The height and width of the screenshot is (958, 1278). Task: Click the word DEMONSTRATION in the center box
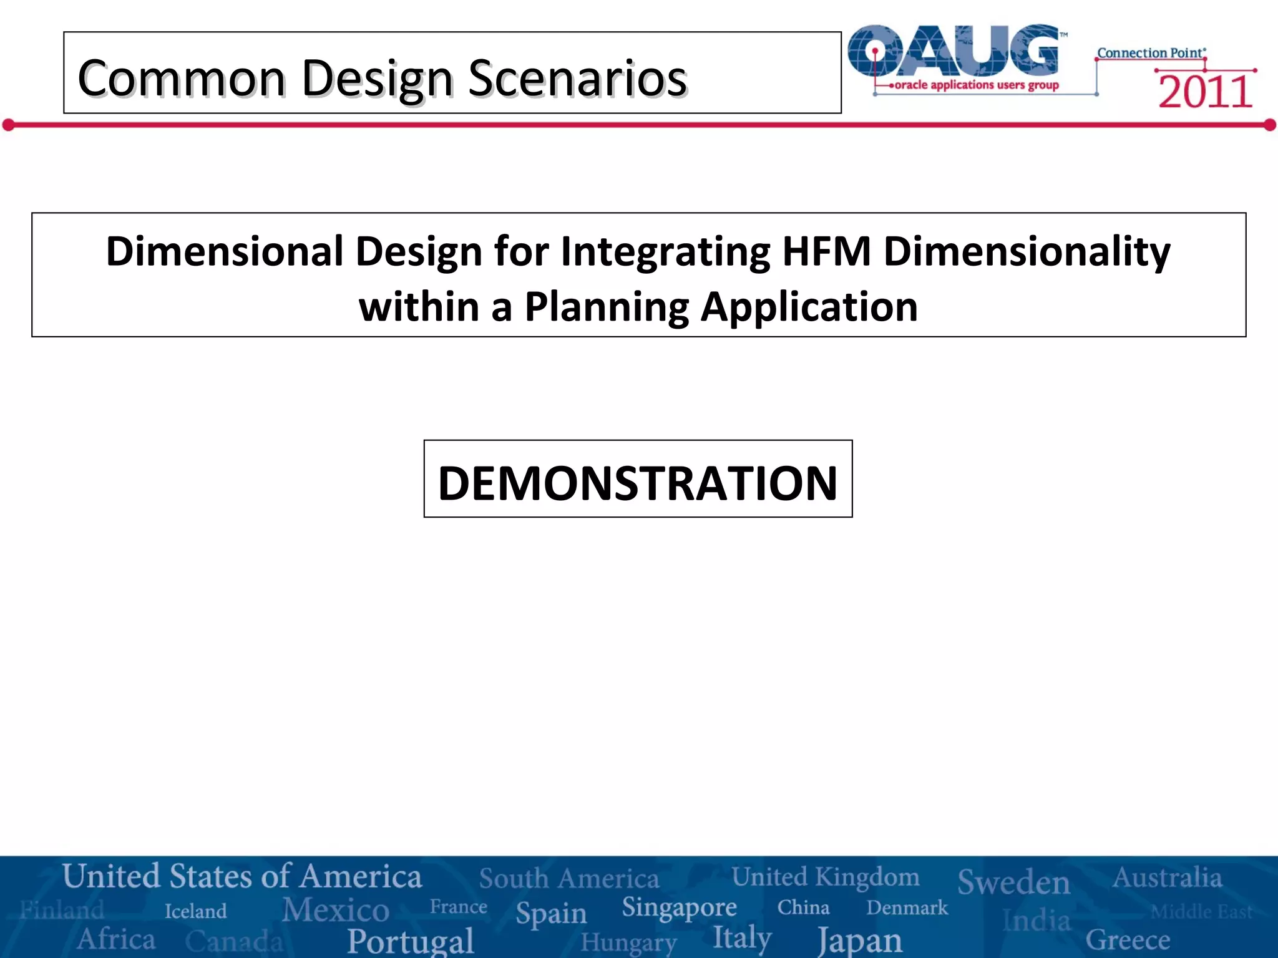(638, 483)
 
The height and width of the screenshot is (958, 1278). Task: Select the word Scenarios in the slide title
(577, 79)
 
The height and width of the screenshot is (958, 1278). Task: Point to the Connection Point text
(1151, 53)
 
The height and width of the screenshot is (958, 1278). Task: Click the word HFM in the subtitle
(826, 251)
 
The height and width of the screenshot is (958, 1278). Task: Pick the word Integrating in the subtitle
(665, 251)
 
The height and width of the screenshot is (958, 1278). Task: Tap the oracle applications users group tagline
(976, 85)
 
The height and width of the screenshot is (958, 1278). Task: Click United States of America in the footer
(242, 876)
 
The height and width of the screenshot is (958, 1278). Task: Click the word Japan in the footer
(860, 940)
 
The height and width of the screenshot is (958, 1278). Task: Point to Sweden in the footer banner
(1013, 882)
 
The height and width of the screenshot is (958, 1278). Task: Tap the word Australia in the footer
(1167, 878)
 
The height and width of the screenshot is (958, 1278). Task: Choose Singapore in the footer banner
(679, 907)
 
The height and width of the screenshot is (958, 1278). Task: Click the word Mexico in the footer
(336, 909)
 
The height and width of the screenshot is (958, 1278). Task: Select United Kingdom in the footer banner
(825, 877)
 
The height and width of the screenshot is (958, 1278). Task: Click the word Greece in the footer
(1128, 939)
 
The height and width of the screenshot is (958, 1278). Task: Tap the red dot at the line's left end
(8, 125)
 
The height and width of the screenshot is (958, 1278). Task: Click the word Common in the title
(182, 79)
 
